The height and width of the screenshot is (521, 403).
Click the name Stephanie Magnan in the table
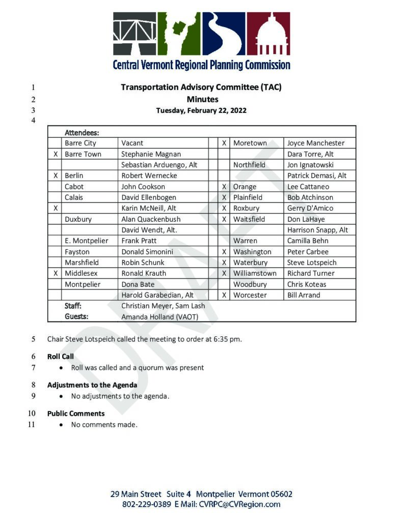(151, 154)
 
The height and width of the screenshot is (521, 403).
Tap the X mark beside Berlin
(55, 176)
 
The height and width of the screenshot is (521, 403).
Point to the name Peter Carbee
(308, 252)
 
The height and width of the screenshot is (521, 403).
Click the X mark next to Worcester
(224, 295)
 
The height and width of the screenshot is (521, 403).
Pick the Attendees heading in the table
(82, 132)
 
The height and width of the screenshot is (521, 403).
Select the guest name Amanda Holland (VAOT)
(159, 316)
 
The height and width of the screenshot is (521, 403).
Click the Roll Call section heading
(61, 357)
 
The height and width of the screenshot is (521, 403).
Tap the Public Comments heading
(76, 414)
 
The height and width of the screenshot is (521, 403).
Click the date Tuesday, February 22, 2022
(201, 110)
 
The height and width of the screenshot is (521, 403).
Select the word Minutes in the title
(202, 99)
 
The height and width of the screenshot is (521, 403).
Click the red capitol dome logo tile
(268, 34)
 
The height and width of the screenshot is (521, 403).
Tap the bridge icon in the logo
(135, 34)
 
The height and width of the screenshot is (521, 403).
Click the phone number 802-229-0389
(147, 505)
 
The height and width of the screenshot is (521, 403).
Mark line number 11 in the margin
(31, 424)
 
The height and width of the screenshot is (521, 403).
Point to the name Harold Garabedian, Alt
(157, 295)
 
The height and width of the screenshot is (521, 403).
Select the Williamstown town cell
(255, 273)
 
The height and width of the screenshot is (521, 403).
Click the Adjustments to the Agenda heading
(92, 385)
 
